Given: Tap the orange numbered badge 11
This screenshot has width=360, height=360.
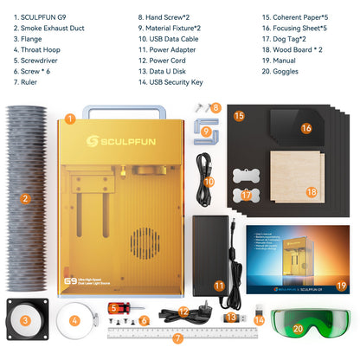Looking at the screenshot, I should (x=219, y=286).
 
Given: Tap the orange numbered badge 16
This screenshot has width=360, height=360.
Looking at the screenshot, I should (x=305, y=128).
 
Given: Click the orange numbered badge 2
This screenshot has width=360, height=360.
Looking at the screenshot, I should (x=26, y=198).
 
